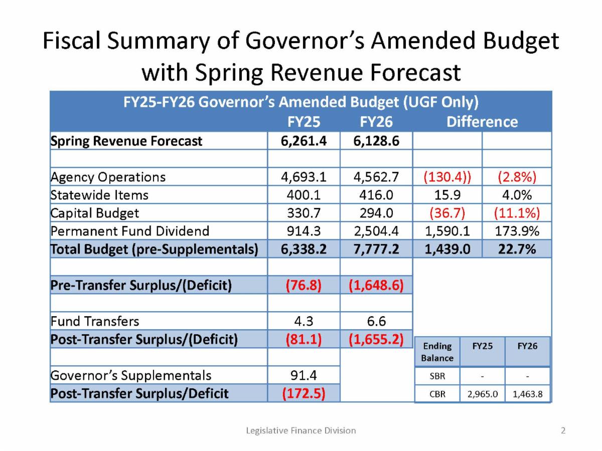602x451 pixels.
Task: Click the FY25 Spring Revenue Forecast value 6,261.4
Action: pos(304,141)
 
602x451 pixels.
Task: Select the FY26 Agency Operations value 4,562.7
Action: pos(376,177)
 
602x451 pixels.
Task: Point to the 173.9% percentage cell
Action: pos(517,231)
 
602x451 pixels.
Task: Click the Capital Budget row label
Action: pos(95,213)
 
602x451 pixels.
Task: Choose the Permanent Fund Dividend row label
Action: pos(130,231)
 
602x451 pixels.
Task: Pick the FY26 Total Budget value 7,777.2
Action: pos(376,249)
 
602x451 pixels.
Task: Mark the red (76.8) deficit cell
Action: pos(304,285)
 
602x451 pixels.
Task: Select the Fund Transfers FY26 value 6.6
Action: pos(376,321)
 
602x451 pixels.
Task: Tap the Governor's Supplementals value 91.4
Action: pos(304,375)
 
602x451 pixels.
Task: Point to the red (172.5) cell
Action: pos(304,393)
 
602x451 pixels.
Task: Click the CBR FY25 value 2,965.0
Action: pos(482,394)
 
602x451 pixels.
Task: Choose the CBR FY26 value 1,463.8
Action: pos(527,394)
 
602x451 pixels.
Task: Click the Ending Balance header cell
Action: pos(437,352)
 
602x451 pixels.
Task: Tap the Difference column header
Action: pos(482,122)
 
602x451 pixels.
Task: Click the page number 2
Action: pos(563,430)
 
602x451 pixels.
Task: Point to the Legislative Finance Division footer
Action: pos(301,430)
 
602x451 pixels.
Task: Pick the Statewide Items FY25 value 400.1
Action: pos(304,195)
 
